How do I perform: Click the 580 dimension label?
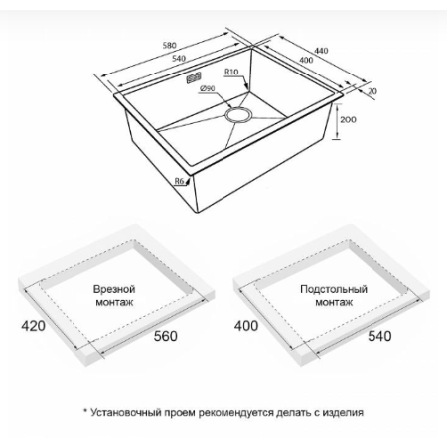pyautogui.click(x=169, y=45)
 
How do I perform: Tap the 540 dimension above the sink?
pyautogui.click(x=179, y=59)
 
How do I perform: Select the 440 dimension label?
pyautogui.click(x=321, y=51)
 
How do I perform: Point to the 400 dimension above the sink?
pyautogui.click(x=306, y=60)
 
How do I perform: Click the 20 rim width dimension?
pyautogui.click(x=372, y=91)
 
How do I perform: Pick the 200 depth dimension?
pyautogui.click(x=348, y=119)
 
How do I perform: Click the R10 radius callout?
pyautogui.click(x=231, y=72)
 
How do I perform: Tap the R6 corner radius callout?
pyautogui.click(x=179, y=181)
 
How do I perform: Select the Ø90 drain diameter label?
pyautogui.click(x=208, y=88)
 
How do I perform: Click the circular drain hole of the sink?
pyautogui.click(x=238, y=115)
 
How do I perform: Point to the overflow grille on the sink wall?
pyautogui.click(x=194, y=78)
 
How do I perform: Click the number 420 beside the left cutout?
pyautogui.click(x=33, y=326)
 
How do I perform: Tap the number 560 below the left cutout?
pyautogui.click(x=166, y=336)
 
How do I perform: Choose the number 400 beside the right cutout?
pyautogui.click(x=246, y=326)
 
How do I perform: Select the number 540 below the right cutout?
pyautogui.click(x=379, y=336)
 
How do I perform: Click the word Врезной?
pyautogui.click(x=114, y=289)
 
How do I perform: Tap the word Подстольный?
pyautogui.click(x=334, y=289)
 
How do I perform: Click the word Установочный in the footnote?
pyautogui.click(x=126, y=413)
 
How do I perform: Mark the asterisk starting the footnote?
pyautogui.click(x=85, y=411)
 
